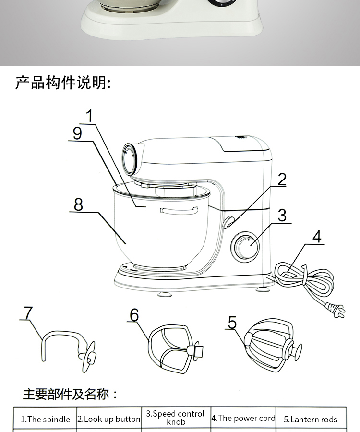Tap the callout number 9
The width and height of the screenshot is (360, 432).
(77, 133)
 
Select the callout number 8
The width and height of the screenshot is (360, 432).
(78, 204)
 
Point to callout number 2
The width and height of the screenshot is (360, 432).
(282, 179)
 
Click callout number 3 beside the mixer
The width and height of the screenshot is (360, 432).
(282, 215)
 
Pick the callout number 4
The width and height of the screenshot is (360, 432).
(317, 237)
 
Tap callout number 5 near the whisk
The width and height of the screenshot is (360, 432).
(232, 322)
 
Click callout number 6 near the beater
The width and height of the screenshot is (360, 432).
(134, 315)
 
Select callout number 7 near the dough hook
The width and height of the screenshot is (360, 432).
(28, 312)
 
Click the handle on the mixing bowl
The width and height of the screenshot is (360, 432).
(179, 210)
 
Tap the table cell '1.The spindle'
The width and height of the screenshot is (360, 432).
(45, 419)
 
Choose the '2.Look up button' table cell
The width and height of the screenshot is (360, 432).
(109, 419)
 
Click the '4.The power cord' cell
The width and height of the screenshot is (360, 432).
(243, 418)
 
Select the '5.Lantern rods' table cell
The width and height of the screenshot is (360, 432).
(310, 419)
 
